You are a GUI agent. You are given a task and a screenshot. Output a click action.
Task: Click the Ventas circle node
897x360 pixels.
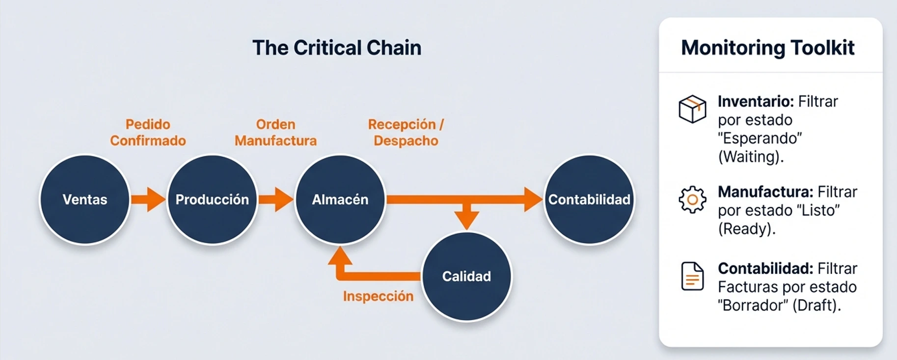pyautogui.click(x=85, y=199)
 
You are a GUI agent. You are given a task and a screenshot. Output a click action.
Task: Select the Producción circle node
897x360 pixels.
pyautogui.click(x=212, y=199)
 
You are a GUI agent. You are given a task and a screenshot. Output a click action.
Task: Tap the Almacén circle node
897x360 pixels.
pyautogui.click(x=340, y=199)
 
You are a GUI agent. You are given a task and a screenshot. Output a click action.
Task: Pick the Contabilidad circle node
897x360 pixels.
pyautogui.click(x=589, y=199)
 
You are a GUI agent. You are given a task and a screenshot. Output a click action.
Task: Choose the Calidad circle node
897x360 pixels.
pyautogui.click(x=466, y=277)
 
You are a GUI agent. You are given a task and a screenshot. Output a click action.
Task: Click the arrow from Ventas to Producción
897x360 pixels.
pyautogui.click(x=148, y=199)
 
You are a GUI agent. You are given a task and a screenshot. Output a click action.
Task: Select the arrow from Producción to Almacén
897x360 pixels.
pyautogui.click(x=275, y=199)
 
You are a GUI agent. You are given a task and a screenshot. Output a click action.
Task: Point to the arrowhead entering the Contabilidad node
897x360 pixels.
pyautogui.click(x=532, y=199)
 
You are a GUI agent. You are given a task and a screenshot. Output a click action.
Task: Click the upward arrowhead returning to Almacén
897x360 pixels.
pyautogui.click(x=340, y=255)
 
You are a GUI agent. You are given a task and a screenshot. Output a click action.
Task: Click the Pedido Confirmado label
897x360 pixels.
pyautogui.click(x=148, y=133)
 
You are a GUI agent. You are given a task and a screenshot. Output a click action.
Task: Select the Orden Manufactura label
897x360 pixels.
pyautogui.click(x=275, y=133)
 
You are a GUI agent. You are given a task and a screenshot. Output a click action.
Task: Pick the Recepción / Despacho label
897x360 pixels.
pyautogui.click(x=406, y=133)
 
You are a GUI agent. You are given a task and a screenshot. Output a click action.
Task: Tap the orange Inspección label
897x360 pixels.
pyautogui.click(x=378, y=296)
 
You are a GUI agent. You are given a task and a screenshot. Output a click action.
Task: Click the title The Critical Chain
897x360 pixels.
pyautogui.click(x=337, y=48)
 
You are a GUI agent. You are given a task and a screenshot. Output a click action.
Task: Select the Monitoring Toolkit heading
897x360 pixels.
pyautogui.click(x=768, y=48)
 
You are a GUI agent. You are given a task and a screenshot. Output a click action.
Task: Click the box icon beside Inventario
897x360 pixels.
pyautogui.click(x=692, y=109)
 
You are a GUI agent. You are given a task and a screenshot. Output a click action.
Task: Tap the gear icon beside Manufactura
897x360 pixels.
pyautogui.click(x=692, y=199)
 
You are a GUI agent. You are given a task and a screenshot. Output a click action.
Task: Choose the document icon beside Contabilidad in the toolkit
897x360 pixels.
pyautogui.click(x=692, y=276)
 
